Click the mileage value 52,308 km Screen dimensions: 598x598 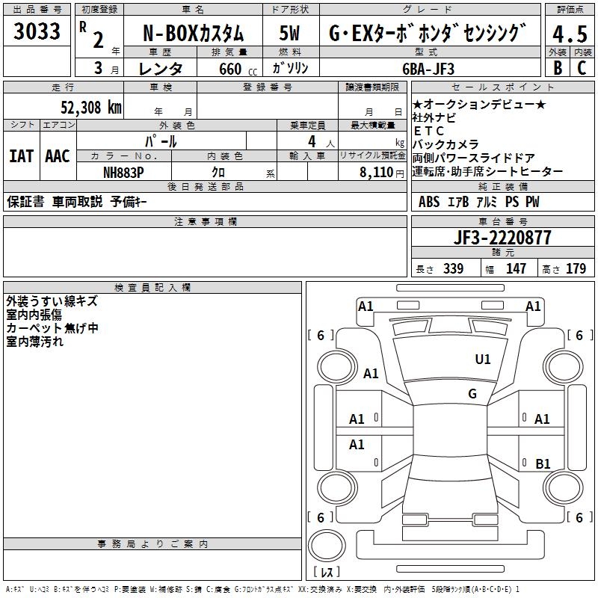tap(90, 108)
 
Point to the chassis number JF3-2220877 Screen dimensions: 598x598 tap(503, 238)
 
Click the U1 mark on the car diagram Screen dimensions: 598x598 tap(483, 360)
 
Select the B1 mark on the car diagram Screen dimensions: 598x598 tap(543, 464)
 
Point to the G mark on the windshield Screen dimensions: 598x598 tap(472, 394)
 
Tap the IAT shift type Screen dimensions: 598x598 tap(21, 156)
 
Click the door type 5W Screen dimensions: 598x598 tap(289, 34)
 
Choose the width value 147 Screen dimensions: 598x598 tap(516, 269)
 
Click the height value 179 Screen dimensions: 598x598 tap(576, 269)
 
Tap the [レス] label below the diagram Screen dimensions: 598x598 tap(327, 573)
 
